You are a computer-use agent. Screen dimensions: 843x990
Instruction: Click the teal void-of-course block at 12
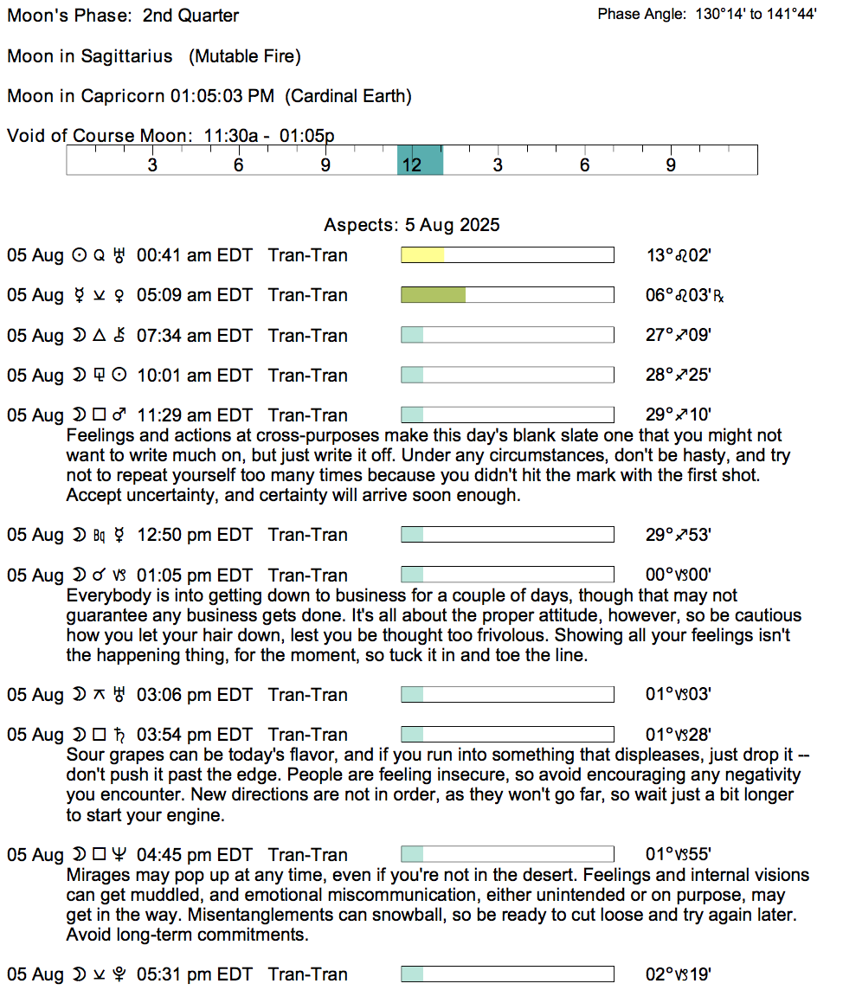point(420,160)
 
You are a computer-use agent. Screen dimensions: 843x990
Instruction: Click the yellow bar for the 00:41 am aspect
point(422,255)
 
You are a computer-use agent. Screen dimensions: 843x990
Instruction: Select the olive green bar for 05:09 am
point(433,295)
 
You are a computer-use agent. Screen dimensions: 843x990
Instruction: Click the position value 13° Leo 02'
point(679,255)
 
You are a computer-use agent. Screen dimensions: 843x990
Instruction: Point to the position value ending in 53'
point(679,535)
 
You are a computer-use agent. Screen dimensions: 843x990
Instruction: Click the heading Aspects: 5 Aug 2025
point(412,225)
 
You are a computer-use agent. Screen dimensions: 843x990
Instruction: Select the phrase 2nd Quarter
point(190,16)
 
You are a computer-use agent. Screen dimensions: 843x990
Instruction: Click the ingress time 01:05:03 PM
point(222,96)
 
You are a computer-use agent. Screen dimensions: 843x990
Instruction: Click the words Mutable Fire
point(244,56)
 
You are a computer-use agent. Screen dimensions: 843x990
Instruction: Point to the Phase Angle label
point(641,14)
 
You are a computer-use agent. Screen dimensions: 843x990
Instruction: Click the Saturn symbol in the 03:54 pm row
point(119,735)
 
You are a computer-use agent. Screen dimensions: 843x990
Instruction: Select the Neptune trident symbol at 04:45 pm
point(119,854)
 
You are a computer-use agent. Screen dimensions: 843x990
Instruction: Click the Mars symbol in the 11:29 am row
point(119,415)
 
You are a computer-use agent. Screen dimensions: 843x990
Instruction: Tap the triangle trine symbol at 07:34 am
point(100,335)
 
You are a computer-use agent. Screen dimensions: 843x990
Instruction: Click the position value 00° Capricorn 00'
point(679,575)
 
